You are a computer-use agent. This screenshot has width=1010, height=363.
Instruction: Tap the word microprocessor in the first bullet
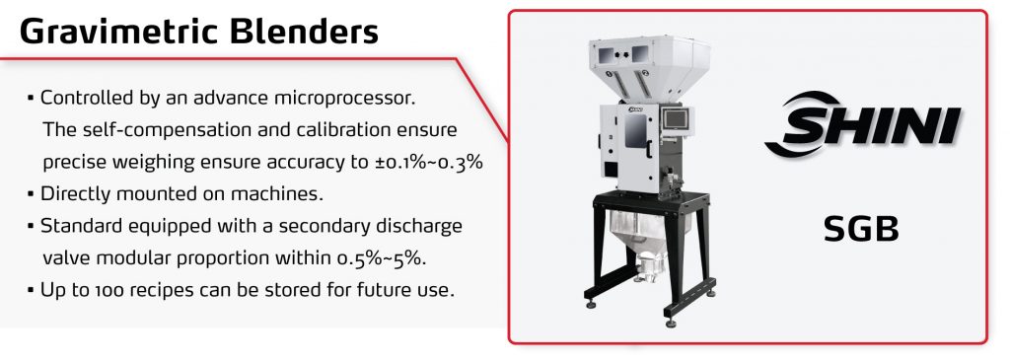(344, 99)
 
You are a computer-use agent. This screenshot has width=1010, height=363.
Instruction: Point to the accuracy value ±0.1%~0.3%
(429, 162)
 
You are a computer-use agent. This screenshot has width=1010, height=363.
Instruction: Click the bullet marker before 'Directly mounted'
(31, 193)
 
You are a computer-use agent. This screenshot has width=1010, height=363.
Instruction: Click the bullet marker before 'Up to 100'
(31, 290)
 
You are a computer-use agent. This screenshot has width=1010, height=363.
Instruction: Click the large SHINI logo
(862, 125)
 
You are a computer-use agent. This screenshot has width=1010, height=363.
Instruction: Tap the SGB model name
(860, 229)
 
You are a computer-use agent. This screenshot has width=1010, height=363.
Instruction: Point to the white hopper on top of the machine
(649, 68)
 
